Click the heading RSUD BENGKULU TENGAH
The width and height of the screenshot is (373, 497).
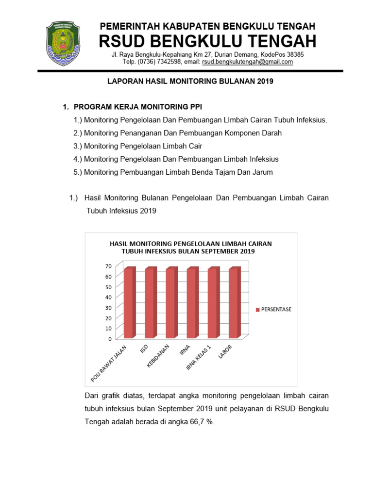click(207, 41)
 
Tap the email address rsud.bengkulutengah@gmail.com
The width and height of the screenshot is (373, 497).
click(247, 62)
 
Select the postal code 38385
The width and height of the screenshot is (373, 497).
click(295, 54)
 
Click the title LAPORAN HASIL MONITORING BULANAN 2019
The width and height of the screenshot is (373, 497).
click(190, 82)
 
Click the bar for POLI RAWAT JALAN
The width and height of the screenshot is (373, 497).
click(129, 303)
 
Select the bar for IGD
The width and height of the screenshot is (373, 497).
click(150, 303)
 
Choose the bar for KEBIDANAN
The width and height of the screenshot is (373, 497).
click(171, 303)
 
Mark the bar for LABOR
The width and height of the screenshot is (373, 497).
click(234, 303)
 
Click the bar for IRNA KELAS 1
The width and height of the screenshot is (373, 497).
click(213, 303)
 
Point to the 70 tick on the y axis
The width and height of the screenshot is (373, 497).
click(107, 266)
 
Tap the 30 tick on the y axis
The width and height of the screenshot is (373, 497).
click(107, 307)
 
